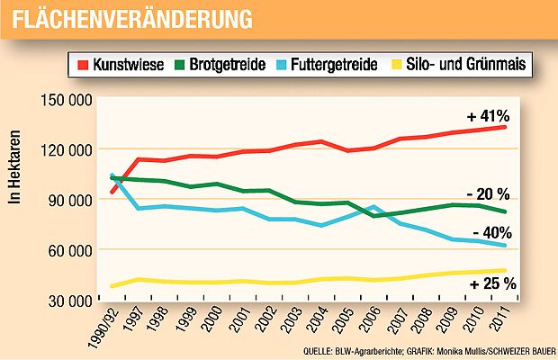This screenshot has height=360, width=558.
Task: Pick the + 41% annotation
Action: [x=489, y=117]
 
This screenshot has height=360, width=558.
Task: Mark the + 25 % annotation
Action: [x=490, y=284]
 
